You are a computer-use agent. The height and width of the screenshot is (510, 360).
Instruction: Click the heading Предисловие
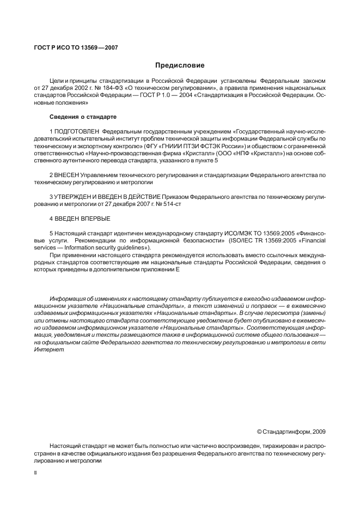tap(180, 65)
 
